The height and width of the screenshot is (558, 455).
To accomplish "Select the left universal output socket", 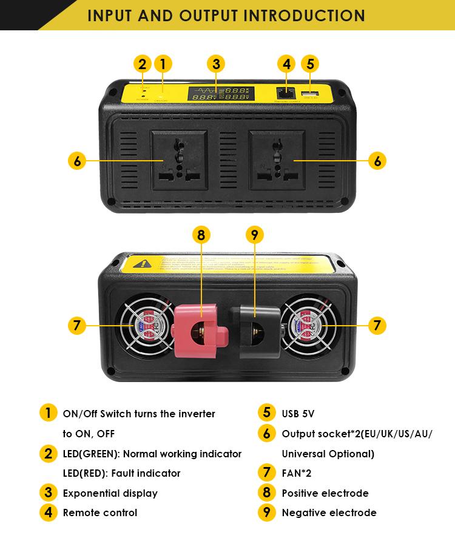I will (180, 160).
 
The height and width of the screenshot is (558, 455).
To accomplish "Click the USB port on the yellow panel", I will (309, 93).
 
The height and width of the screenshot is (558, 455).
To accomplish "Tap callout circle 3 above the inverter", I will (216, 64).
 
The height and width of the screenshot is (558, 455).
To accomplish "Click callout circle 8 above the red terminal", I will (201, 236).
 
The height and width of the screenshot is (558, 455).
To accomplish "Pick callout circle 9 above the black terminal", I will (255, 236).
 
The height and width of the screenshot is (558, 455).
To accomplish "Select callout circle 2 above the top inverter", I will (143, 64).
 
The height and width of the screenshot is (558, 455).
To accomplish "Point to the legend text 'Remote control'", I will (100, 513).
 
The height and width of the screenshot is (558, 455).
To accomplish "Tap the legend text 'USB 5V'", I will (298, 414).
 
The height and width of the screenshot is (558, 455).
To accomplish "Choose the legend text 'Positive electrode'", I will (325, 493).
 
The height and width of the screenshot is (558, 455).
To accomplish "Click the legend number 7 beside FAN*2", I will (267, 472).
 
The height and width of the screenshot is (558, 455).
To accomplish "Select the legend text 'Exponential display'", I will (110, 493).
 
